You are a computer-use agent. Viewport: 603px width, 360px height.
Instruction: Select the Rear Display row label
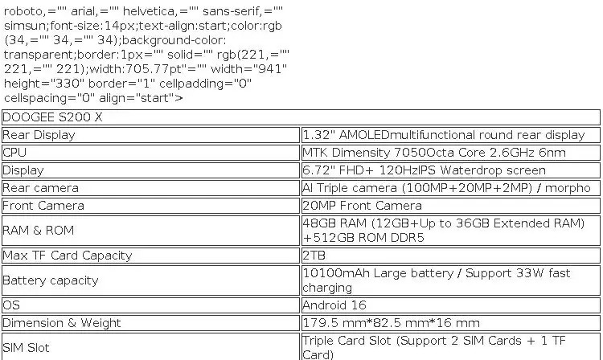39,135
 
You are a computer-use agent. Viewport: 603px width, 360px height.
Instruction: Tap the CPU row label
14,153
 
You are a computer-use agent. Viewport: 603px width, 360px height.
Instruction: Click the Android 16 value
334,305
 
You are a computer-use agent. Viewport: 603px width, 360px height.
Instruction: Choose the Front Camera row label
43,206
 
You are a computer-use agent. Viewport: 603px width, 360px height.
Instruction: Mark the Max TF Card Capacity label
68,256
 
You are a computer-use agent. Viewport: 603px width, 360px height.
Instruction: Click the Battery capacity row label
51,280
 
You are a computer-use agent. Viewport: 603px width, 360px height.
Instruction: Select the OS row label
10,305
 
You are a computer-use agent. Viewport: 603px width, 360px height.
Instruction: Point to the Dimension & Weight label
62,323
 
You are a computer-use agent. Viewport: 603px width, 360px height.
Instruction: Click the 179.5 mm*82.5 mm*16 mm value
391,323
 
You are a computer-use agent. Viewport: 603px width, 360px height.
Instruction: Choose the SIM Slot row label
26,348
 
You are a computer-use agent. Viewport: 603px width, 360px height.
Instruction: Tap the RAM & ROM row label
38,231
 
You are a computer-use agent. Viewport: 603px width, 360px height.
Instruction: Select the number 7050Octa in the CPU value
428,153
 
